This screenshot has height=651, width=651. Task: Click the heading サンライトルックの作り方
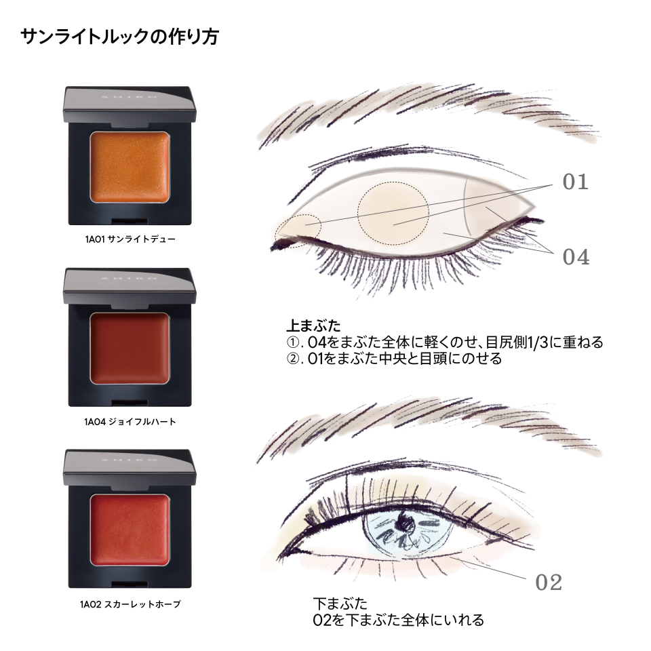(119, 37)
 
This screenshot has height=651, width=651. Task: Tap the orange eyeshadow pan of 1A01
(130, 167)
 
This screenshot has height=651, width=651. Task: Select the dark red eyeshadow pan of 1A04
(130, 349)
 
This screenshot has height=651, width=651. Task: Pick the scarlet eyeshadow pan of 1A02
(130, 530)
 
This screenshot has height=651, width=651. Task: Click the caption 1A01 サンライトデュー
(130, 239)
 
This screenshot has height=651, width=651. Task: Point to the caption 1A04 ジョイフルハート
(130, 422)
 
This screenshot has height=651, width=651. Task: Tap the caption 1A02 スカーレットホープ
(130, 604)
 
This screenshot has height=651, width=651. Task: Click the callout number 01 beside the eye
(576, 182)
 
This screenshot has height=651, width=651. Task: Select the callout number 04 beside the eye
(576, 257)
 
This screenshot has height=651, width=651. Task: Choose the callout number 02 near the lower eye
(549, 582)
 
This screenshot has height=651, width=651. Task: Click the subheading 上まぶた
(313, 325)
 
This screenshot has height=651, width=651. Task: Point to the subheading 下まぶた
(340, 603)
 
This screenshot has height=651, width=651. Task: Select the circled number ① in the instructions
(293, 342)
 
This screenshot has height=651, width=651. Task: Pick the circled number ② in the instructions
(293, 359)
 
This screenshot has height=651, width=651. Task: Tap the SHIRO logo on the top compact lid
(130, 96)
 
